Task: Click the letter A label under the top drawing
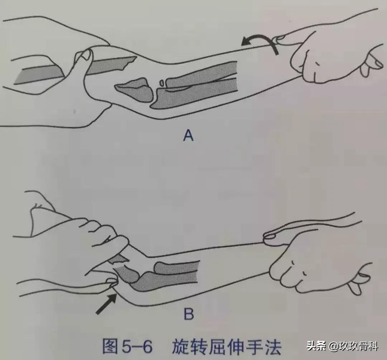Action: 188,136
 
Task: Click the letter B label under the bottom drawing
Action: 188,314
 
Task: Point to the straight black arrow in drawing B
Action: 106,303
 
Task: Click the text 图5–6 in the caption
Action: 128,347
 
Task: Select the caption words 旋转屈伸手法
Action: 226,347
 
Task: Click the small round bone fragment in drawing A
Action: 162,83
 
